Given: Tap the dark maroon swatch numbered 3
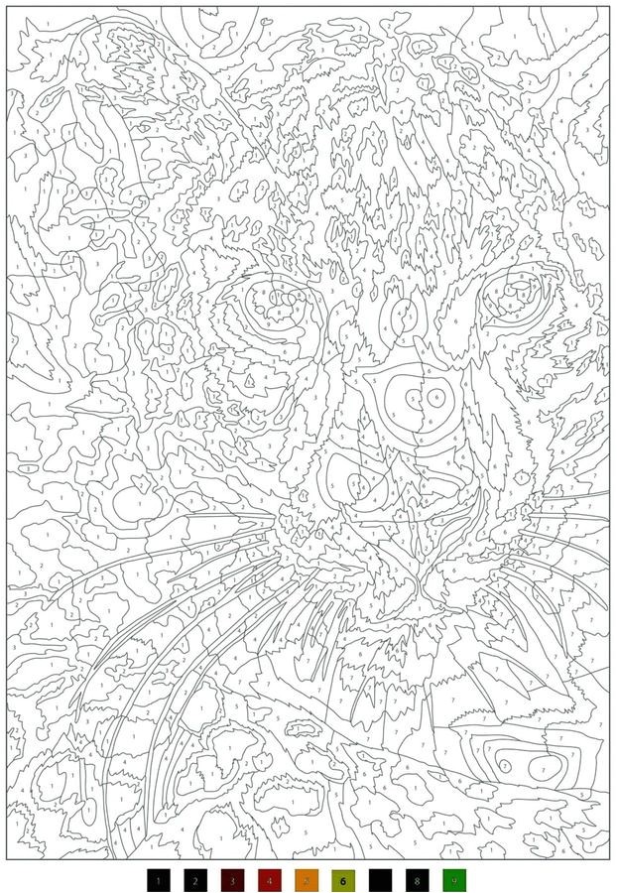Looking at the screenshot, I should (x=232, y=879).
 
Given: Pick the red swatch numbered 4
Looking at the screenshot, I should (x=269, y=879).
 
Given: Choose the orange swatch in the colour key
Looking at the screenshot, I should (x=307, y=879).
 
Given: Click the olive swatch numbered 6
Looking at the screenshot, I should (x=343, y=879).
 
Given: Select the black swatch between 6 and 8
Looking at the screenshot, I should (x=380, y=879).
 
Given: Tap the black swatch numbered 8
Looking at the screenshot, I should (x=418, y=879).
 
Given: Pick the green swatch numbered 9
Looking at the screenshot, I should (x=454, y=879).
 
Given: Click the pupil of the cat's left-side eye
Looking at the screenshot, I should (x=271, y=299).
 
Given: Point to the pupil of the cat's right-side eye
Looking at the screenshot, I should (x=519, y=292).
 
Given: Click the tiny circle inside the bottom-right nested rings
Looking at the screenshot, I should (x=504, y=766).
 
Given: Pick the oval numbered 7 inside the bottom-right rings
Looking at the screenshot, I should (x=541, y=767).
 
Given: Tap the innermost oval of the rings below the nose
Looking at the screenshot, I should (x=363, y=484).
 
